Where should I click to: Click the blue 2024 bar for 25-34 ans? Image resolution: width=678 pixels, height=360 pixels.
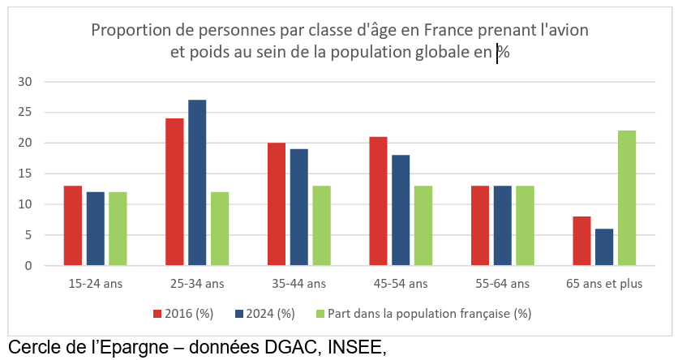pos(197,182)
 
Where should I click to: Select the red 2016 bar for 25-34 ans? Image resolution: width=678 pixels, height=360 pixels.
pos(174,192)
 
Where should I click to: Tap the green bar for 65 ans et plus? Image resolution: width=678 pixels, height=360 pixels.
pos(627,198)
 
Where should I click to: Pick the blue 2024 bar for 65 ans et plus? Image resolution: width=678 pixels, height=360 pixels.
pos(604,247)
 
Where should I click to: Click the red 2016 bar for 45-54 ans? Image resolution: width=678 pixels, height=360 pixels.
pos(378,201)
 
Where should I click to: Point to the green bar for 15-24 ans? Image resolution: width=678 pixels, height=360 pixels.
pos(118,229)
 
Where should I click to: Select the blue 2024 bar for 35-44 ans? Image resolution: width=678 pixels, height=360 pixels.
pos(299,208)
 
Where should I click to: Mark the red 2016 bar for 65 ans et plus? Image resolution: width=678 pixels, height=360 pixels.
pos(581,241)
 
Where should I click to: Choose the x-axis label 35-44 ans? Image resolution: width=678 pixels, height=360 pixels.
pos(299,284)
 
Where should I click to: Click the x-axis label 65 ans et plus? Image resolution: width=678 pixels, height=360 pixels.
pos(604,284)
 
